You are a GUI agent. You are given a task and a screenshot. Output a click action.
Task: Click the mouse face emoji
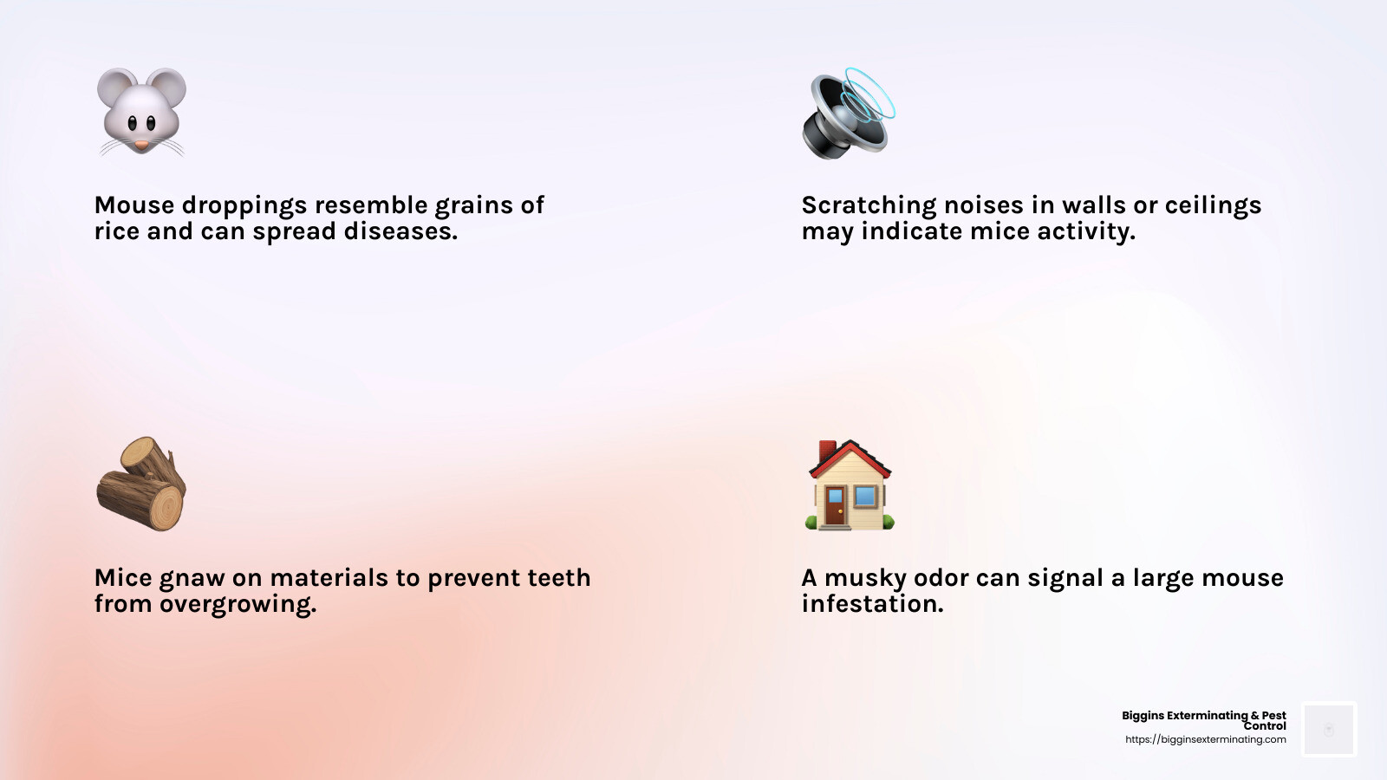[x=141, y=112]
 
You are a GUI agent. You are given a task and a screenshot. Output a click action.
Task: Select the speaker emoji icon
[x=849, y=113]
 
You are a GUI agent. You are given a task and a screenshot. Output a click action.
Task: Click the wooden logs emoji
[x=141, y=484]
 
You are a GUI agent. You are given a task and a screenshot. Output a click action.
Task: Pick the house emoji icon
[x=849, y=484]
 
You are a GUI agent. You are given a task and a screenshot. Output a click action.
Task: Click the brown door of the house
[x=836, y=506]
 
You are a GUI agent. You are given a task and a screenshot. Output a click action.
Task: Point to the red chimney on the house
[x=827, y=451]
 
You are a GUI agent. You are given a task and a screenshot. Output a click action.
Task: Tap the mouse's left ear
[x=117, y=87]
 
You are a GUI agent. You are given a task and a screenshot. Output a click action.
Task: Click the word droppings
[x=244, y=206]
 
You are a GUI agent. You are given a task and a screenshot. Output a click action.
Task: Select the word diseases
[x=400, y=231]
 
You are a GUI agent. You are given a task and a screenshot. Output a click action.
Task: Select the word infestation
[x=872, y=603]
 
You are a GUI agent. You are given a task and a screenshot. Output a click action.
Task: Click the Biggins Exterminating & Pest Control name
[x=1204, y=720]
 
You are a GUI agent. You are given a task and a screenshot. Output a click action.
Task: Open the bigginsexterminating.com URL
[x=1206, y=740]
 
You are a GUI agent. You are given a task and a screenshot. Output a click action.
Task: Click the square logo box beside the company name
[x=1329, y=729]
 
